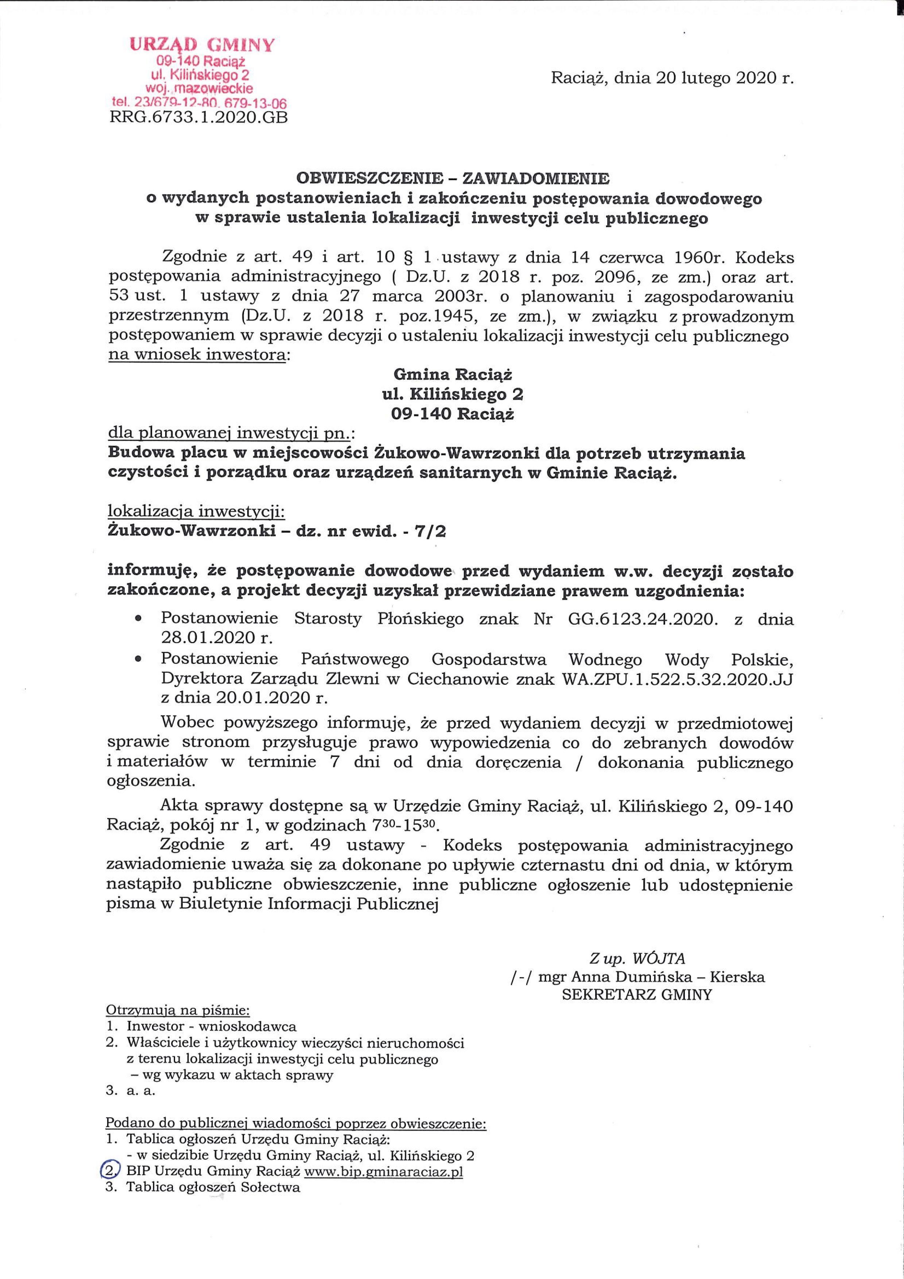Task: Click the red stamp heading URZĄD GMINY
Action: tap(202, 44)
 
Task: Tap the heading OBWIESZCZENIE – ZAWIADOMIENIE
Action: tap(453, 178)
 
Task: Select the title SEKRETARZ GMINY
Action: tap(637, 995)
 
